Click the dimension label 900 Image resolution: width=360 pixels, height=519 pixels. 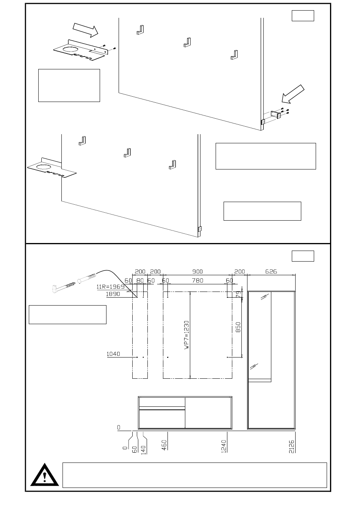[x=198, y=271]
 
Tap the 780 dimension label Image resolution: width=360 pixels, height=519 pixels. [x=198, y=281]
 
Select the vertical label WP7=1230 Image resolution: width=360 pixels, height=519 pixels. [x=186, y=335]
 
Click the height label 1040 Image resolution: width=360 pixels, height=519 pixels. [x=113, y=354]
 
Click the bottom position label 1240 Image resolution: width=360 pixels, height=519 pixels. [x=224, y=446]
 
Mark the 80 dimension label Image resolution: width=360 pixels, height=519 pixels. [x=140, y=281]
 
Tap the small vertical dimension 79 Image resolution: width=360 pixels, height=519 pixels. [x=238, y=294]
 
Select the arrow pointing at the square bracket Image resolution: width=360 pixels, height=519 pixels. [x=293, y=94]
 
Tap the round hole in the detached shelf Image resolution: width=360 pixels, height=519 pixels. [x=72, y=49]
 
